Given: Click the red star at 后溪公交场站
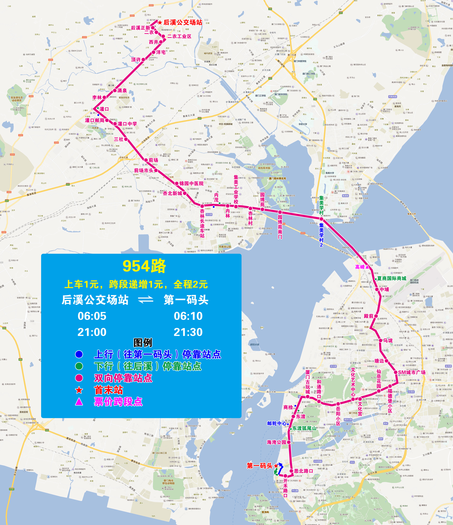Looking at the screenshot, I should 160,23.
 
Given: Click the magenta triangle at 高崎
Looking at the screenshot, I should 367,267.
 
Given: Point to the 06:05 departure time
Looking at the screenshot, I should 92,316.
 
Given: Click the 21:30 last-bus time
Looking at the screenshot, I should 188,332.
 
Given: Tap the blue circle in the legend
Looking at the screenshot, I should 79,354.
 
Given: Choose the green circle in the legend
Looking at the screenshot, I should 79,366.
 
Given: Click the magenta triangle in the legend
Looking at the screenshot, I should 79,402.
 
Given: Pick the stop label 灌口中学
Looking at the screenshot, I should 127,124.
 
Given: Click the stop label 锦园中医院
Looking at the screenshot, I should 191,183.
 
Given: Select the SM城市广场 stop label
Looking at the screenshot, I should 412,372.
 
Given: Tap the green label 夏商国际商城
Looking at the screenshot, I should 392,278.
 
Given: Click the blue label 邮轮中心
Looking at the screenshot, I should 277,423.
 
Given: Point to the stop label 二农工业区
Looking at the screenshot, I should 179,36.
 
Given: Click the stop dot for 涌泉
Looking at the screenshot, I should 115,90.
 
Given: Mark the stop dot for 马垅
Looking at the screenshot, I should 380,340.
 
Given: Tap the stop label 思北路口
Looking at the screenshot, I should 303,471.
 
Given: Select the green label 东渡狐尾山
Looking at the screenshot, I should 304,428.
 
